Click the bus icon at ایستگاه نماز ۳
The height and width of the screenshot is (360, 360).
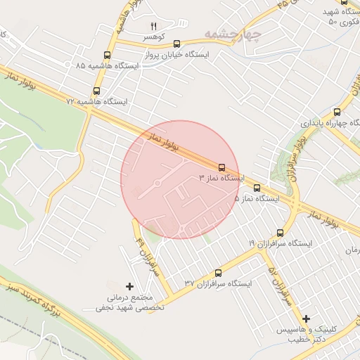point(222,167)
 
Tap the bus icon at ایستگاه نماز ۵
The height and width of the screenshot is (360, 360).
point(257,188)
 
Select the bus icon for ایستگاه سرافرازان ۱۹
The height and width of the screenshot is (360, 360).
point(280,232)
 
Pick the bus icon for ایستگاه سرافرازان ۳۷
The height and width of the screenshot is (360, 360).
point(217,272)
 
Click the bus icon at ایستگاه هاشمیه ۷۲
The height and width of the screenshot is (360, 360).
point(96,91)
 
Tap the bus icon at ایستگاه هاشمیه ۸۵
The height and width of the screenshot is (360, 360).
point(108,55)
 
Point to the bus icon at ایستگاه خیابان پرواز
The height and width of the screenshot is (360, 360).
point(176,43)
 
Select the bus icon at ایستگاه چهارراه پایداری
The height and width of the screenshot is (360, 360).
point(337,111)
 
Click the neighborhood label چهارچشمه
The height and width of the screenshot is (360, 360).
point(233,34)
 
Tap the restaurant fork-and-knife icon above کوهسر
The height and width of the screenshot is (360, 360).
point(153,26)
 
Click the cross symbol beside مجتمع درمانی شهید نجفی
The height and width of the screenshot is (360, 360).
point(129,286)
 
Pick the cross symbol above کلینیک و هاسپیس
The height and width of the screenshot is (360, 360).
point(306,319)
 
